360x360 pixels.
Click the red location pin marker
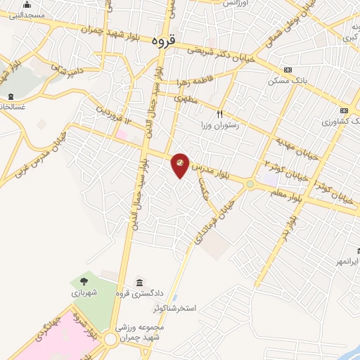(x=181, y=165)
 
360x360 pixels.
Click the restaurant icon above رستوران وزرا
(x=219, y=113)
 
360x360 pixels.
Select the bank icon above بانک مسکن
(x=287, y=70)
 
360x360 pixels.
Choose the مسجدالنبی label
(x=29, y=14)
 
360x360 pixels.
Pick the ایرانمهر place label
(x=347, y=262)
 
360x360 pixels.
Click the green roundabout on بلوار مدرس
(x=250, y=184)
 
